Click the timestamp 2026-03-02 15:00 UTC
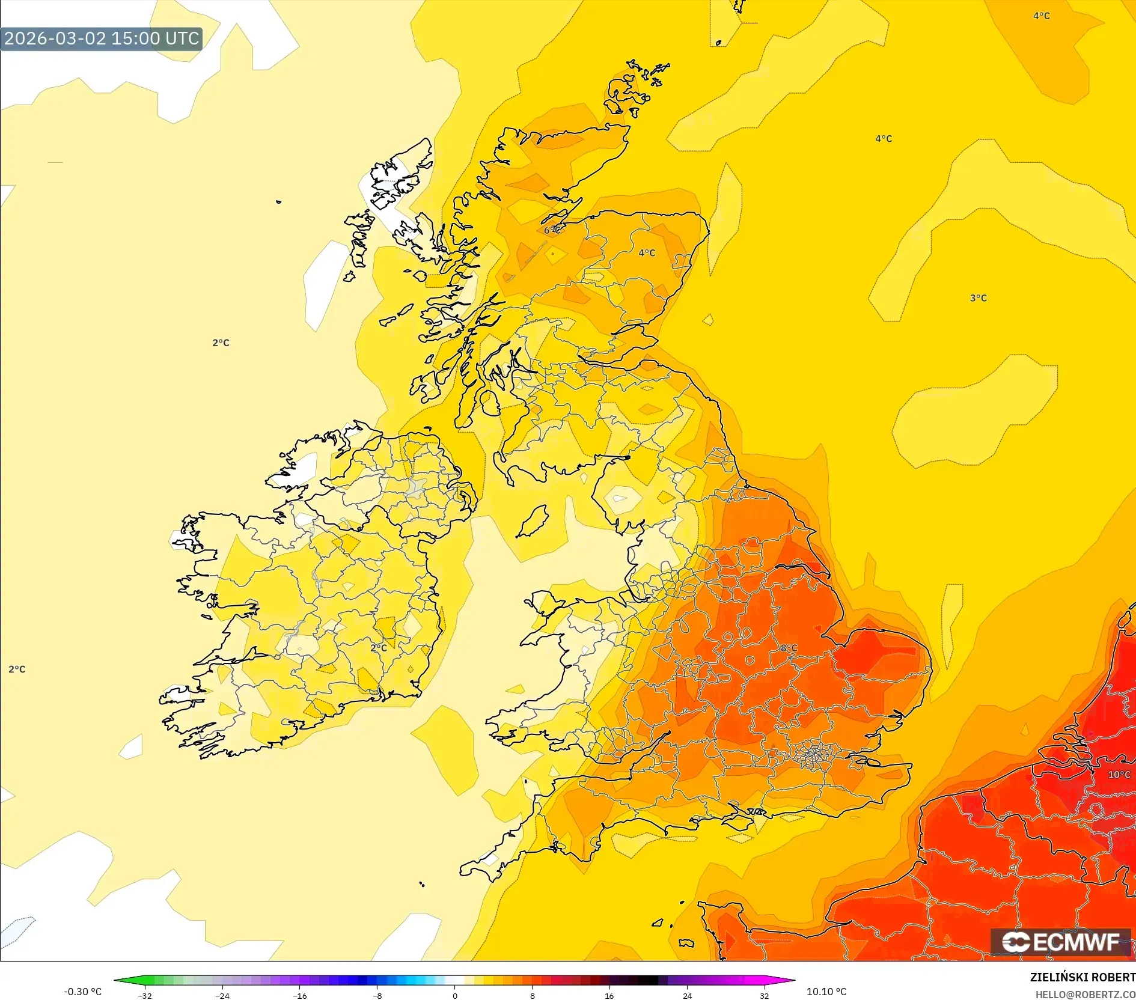pos(101,38)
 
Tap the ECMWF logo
pos(1061,942)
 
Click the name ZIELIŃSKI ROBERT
pos(1082,978)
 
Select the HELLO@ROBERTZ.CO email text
pos(1084,995)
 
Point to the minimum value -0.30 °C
pos(82,992)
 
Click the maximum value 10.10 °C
pos(826,992)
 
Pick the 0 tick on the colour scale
pos(455,996)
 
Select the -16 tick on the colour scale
pos(299,996)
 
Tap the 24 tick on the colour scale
pos(687,996)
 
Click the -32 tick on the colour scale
pos(145,996)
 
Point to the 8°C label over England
pos(789,648)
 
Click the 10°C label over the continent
pos(1119,775)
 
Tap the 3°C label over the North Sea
pos(978,298)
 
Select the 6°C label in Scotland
pos(552,230)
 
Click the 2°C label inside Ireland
pos(379,648)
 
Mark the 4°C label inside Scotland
pos(647,253)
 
